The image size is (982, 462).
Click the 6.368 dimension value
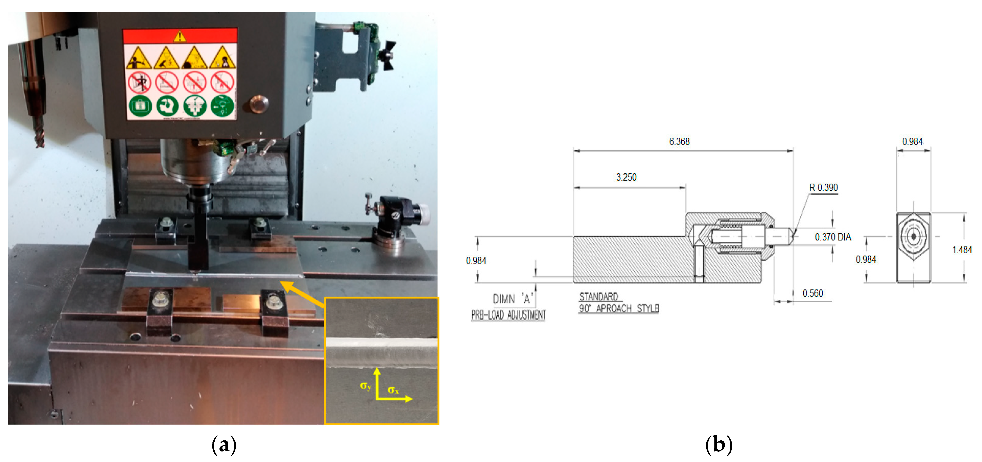(x=679, y=142)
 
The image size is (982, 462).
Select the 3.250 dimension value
(x=626, y=177)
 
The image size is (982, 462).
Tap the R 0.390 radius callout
(x=823, y=187)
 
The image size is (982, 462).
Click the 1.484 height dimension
(x=961, y=250)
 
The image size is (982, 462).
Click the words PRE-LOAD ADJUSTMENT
(x=508, y=315)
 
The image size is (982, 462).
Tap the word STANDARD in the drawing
(x=598, y=296)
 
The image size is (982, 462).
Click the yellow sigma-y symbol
(x=365, y=386)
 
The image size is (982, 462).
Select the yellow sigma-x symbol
(x=393, y=390)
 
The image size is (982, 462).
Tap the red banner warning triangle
(x=179, y=36)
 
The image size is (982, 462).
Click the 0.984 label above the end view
(x=912, y=142)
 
